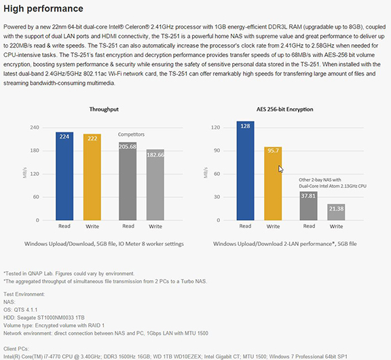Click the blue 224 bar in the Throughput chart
pyautogui.click(x=64, y=176)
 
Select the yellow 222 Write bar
pyautogui.click(x=92, y=177)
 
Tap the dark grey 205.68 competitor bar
pyautogui.click(x=128, y=181)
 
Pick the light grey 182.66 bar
pyautogui.click(x=155, y=185)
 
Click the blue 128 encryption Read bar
pyautogui.click(x=245, y=170)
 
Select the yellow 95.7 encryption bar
pyautogui.click(x=273, y=183)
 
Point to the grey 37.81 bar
pyautogui.click(x=308, y=206)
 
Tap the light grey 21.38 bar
pyautogui.click(x=336, y=212)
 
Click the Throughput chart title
pyautogui.click(x=104, y=109)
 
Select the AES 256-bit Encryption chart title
pyautogui.click(x=285, y=109)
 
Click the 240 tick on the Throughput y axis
pyautogui.click(x=35, y=128)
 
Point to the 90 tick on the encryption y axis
pyautogui.click(x=217, y=150)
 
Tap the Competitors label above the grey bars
pyautogui.click(x=131, y=134)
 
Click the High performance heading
pyautogui.click(x=43, y=8)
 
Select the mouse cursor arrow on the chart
pyautogui.click(x=281, y=169)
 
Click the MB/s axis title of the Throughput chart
pyautogui.click(x=24, y=173)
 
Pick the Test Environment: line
pyautogui.click(x=24, y=294)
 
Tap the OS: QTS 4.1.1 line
pyautogui.click(x=20, y=310)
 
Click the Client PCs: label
pyautogui.click(x=16, y=348)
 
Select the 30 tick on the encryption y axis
pyautogui.click(x=217, y=197)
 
